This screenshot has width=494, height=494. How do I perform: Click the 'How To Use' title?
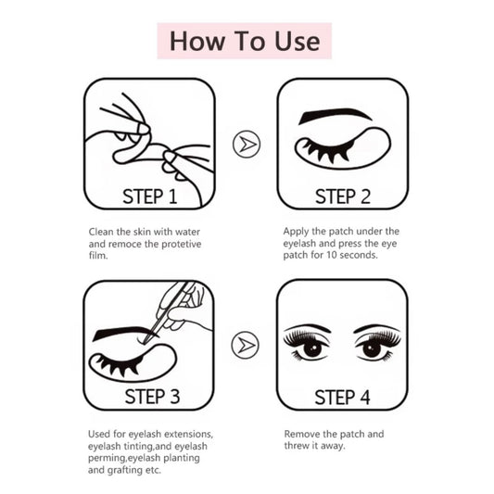coord(245,41)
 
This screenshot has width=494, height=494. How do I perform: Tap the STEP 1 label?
coord(150,196)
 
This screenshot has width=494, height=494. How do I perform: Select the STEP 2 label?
coord(343,196)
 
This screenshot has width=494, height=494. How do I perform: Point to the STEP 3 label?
coord(152,397)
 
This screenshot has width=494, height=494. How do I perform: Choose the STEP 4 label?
coord(342,398)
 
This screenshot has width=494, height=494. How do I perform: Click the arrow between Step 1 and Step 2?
coord(247,145)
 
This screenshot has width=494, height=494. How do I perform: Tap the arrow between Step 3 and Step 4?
coord(245,345)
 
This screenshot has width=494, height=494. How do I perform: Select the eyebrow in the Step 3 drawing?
coord(125,333)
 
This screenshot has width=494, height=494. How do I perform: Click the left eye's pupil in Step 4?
coord(312,349)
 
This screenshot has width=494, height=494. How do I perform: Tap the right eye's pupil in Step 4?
coord(372,349)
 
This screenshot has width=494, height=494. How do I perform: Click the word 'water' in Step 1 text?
coord(187,232)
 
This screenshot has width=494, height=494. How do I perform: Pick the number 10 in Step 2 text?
coord(332,255)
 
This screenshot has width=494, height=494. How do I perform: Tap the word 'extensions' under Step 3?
coord(189,434)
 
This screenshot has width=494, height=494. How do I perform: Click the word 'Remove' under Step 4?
coord(299,434)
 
